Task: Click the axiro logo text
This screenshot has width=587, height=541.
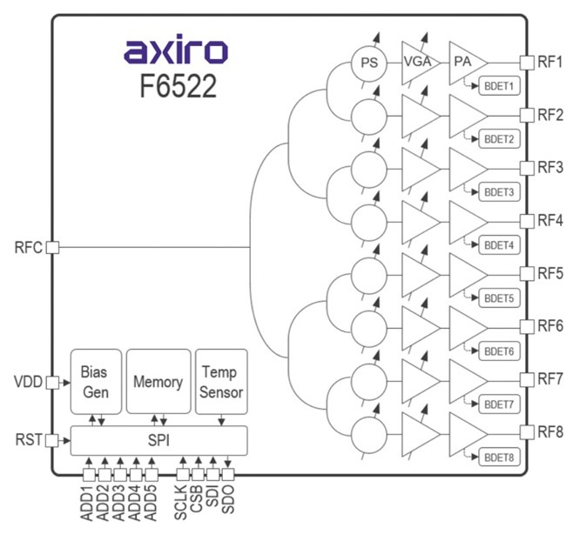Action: (176, 51)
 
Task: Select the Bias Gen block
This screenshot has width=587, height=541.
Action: (94, 381)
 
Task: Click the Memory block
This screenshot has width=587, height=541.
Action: (158, 381)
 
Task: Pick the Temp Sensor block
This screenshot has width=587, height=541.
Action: (221, 381)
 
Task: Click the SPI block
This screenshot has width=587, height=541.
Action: (159, 440)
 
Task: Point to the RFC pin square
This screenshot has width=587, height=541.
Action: (52, 247)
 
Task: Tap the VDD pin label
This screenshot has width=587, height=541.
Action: (29, 382)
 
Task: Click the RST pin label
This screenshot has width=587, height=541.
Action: (29, 440)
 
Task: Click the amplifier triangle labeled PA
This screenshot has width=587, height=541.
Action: (465, 63)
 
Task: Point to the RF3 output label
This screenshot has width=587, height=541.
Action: (550, 167)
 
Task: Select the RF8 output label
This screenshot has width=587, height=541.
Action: (550, 432)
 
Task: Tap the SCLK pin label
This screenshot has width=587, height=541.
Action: (181, 502)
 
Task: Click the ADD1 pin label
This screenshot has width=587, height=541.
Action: (88, 502)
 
